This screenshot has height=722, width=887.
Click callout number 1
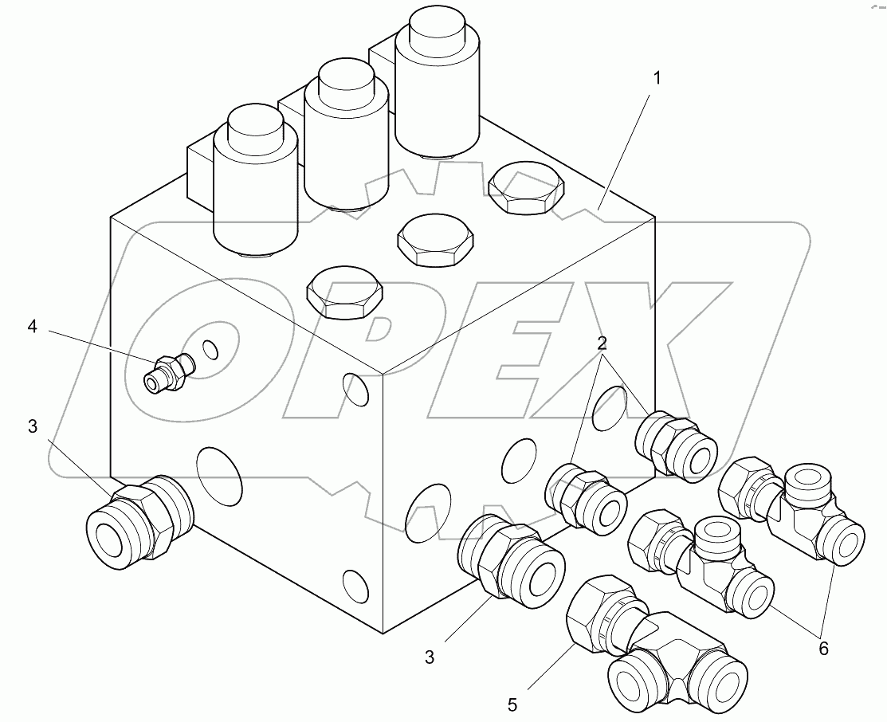(x=657, y=80)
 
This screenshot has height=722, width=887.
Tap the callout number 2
(x=602, y=344)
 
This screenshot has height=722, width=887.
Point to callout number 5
(x=512, y=704)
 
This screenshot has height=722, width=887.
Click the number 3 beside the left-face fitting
(x=31, y=426)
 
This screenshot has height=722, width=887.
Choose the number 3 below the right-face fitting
(x=430, y=657)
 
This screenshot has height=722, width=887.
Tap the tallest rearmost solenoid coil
(x=436, y=88)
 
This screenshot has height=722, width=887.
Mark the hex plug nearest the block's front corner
(x=344, y=292)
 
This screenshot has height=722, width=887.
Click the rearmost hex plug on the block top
(x=525, y=189)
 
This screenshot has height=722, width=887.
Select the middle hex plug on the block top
(x=435, y=240)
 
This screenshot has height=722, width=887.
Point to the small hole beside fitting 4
(x=210, y=349)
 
